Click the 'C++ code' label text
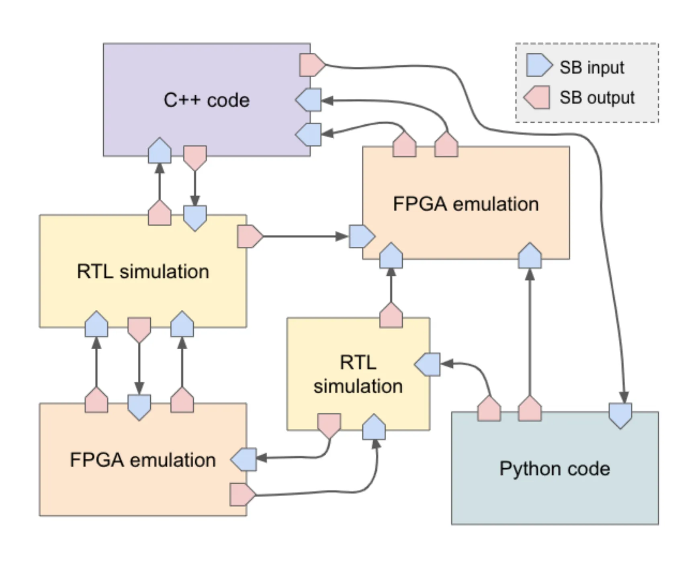tap(206, 100)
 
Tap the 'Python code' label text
tap(554, 468)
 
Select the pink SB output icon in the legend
tap(537, 97)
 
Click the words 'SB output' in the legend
tap(597, 98)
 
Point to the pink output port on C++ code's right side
tap(311, 65)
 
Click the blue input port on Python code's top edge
tap(620, 415)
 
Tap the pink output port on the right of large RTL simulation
tap(249, 236)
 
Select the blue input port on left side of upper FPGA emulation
tap(361, 236)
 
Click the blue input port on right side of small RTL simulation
tap(428, 364)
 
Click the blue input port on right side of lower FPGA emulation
tap(244, 459)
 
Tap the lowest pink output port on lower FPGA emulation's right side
tap(242, 494)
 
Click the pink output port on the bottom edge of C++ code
tap(195, 157)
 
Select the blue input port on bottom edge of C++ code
tap(160, 151)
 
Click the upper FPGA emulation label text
tap(465, 204)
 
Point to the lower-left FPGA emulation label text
tap(143, 459)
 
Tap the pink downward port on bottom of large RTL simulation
tap(139, 329)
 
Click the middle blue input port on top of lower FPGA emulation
tap(139, 406)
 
